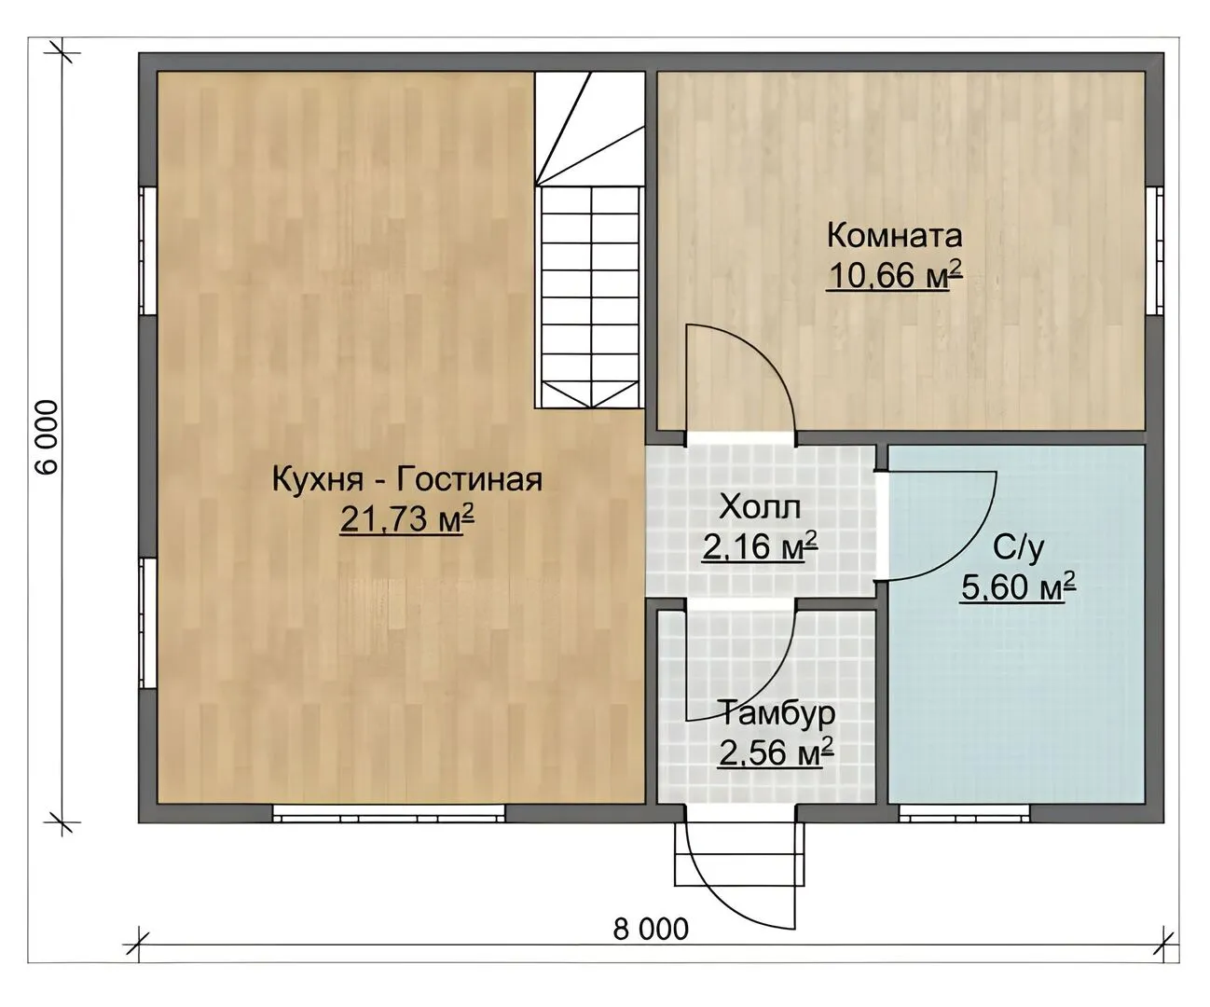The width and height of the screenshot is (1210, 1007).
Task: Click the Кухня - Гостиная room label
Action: point(406,480)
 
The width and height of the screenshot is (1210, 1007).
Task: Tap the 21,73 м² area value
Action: point(406,518)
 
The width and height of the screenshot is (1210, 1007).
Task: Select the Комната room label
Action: point(894,235)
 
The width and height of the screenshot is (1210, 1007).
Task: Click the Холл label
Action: point(760,506)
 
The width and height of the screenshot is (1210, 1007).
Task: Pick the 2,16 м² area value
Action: point(760,546)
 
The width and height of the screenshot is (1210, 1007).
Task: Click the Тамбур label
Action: point(777,713)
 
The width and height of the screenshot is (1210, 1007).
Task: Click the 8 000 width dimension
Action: point(651,929)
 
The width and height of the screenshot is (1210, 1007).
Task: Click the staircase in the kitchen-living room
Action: point(590,240)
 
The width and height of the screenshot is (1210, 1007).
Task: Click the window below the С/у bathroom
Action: point(964,813)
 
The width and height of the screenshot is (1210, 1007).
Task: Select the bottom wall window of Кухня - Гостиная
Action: point(389,813)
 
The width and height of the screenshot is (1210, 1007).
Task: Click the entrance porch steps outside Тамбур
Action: point(740,853)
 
